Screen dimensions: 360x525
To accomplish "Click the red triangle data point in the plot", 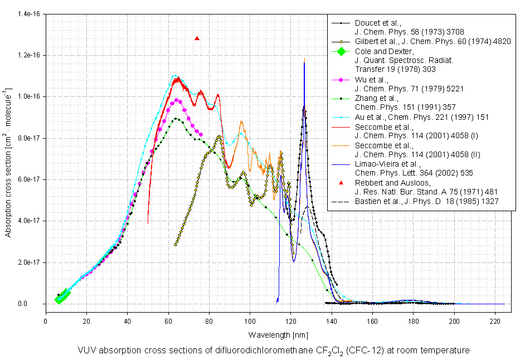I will tap(197, 38).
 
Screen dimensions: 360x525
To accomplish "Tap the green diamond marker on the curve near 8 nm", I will tap(62, 296).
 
